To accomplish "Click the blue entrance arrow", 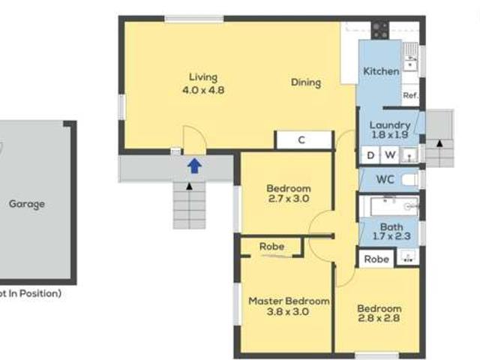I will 193,166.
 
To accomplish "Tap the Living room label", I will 202,77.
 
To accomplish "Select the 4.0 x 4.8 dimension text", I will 202,90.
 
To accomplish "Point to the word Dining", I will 306,82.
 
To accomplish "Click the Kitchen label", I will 381,71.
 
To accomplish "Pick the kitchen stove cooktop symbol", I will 380,31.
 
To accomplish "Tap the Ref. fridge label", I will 410,95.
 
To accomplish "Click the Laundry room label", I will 391,124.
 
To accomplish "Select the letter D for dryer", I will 370,155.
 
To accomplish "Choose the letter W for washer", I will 390,155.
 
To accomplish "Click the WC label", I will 385,180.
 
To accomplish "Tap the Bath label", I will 391,226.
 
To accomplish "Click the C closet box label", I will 301,139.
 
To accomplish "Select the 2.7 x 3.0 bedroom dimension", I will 288,199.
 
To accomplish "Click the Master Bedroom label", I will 288,301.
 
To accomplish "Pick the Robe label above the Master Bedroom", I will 271,246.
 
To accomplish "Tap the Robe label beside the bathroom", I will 377,259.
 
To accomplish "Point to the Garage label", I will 26,203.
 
